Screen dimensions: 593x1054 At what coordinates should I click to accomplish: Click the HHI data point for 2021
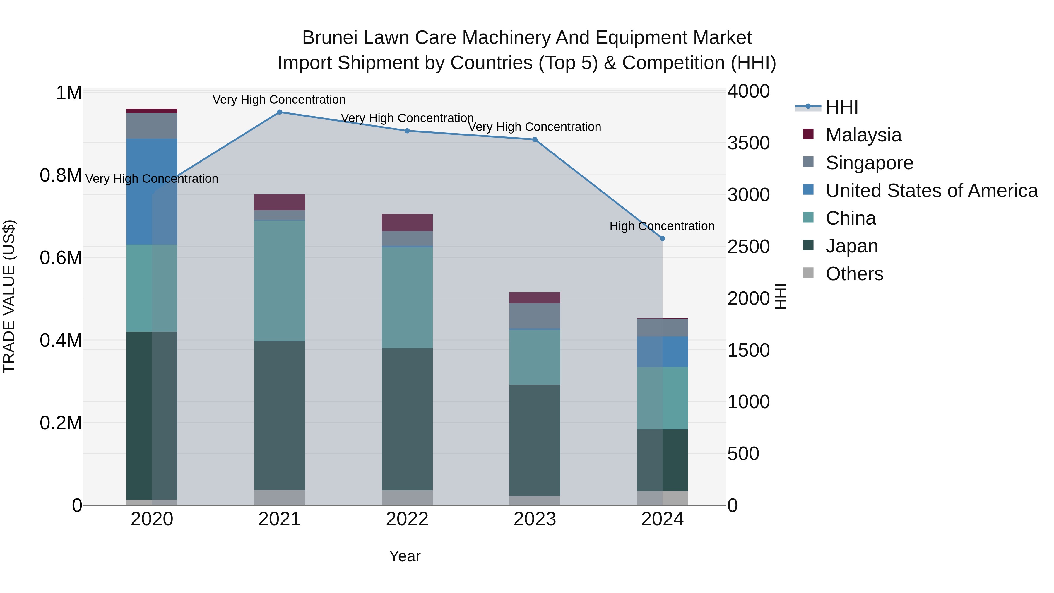click(x=280, y=112)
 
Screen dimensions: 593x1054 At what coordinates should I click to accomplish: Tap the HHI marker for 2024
click(x=663, y=239)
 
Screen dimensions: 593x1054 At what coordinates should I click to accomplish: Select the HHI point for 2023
click(x=535, y=140)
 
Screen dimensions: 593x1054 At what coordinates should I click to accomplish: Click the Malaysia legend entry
click(x=863, y=135)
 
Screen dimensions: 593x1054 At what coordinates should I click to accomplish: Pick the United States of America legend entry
click(x=931, y=191)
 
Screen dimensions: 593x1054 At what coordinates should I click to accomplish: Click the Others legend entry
click(x=854, y=274)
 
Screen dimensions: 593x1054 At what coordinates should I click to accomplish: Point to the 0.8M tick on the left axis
click(x=61, y=176)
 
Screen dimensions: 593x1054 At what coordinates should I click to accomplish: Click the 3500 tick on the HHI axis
click(x=748, y=143)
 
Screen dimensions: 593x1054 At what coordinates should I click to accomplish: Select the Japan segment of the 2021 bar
click(x=280, y=415)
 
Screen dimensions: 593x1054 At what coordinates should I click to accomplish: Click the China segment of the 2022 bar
click(x=407, y=298)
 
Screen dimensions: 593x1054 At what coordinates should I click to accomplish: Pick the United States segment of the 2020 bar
click(x=152, y=191)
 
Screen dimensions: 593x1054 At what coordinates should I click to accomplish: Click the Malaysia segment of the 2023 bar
click(x=535, y=298)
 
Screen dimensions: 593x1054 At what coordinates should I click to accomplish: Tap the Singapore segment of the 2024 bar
click(x=663, y=327)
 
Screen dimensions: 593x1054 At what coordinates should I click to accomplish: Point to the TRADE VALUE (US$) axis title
click(x=9, y=296)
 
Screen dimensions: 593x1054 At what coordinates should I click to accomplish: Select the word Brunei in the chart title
click(x=329, y=38)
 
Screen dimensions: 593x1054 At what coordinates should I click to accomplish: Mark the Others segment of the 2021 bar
click(x=280, y=497)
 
